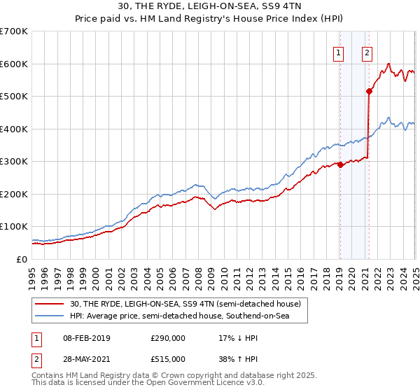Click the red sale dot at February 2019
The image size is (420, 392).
(340, 164)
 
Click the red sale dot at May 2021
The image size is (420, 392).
(369, 91)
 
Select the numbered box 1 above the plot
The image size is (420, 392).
(339, 52)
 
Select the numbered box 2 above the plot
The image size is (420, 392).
(367, 52)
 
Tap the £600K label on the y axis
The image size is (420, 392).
(14, 64)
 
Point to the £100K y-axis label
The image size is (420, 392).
(14, 227)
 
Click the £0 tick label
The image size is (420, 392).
(22, 259)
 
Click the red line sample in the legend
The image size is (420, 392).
(50, 304)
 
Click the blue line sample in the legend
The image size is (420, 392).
(50, 316)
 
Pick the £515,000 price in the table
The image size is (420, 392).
(168, 359)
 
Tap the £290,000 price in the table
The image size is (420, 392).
(168, 338)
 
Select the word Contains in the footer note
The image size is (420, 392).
(50, 377)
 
